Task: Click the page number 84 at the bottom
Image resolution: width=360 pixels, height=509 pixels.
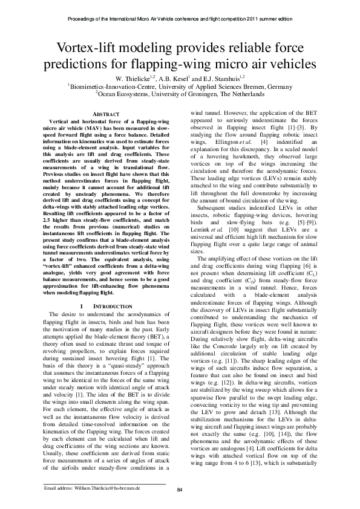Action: pyautogui.click(x=180, y=490)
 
